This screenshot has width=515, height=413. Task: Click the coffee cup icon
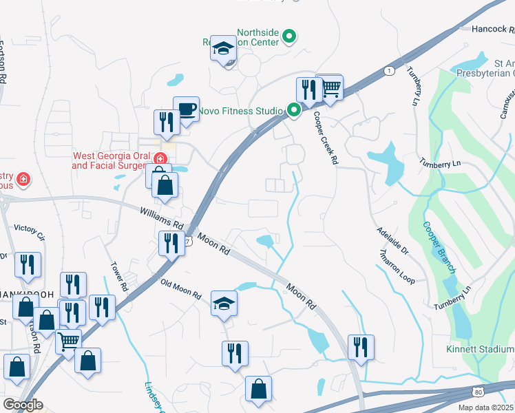pos(186,109)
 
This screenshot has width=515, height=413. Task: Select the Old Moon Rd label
pos(180,289)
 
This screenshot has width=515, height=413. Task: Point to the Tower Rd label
pos(118,275)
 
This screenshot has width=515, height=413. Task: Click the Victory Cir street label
pos(29,232)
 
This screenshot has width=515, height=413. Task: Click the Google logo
pos(23,405)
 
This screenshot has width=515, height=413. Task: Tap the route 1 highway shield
pos(390,71)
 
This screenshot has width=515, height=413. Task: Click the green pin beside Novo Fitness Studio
pos(295,110)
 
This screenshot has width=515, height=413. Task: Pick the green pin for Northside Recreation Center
pos(290,36)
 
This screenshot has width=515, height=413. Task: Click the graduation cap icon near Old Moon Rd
pos(224,304)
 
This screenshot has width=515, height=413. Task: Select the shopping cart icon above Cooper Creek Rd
pos(331,87)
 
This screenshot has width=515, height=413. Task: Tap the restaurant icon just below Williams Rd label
pos(171,242)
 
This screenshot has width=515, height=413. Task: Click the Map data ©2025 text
pos(486,407)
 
